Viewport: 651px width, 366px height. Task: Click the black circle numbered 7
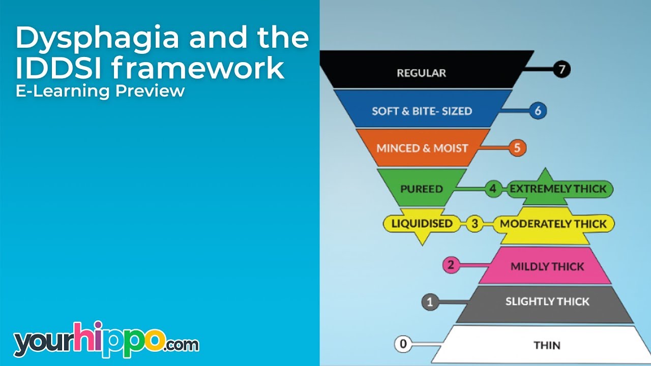[x=561, y=70]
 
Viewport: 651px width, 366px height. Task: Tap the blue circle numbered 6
[x=538, y=110]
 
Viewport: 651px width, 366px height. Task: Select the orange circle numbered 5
[x=517, y=148]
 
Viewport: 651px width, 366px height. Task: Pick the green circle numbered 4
[x=492, y=189]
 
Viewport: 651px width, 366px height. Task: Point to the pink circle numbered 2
[x=451, y=265]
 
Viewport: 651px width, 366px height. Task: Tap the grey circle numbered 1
[x=430, y=302]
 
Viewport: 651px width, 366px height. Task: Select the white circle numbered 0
[x=403, y=344]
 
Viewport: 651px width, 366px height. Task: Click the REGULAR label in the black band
[x=421, y=73]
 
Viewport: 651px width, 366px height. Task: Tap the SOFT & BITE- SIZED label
[x=422, y=111]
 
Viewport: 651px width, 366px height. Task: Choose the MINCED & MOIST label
[x=422, y=148]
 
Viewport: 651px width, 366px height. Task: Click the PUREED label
[x=421, y=189]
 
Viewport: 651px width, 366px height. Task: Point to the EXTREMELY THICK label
[x=558, y=189]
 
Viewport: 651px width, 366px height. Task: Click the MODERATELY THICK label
[x=553, y=224]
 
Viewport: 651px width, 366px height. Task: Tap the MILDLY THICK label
[x=547, y=266]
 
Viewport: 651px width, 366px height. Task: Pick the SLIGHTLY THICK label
[x=547, y=301]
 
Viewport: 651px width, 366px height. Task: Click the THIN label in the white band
[x=547, y=346]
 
